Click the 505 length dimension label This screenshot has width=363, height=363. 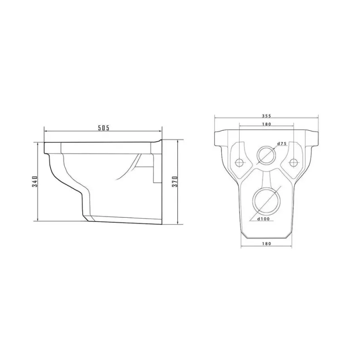click(103, 128)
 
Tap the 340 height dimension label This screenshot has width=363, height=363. click(35, 181)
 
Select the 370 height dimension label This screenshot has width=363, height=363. click(175, 182)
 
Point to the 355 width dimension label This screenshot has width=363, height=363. click(266, 116)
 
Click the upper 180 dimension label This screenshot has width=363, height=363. click(266, 124)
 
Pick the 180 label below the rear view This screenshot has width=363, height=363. click(266, 244)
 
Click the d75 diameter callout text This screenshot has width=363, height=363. click(282, 143)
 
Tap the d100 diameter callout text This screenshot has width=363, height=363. click(263, 219)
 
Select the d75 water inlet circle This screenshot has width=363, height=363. click(266, 147)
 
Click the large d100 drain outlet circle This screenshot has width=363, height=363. click(266, 188)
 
